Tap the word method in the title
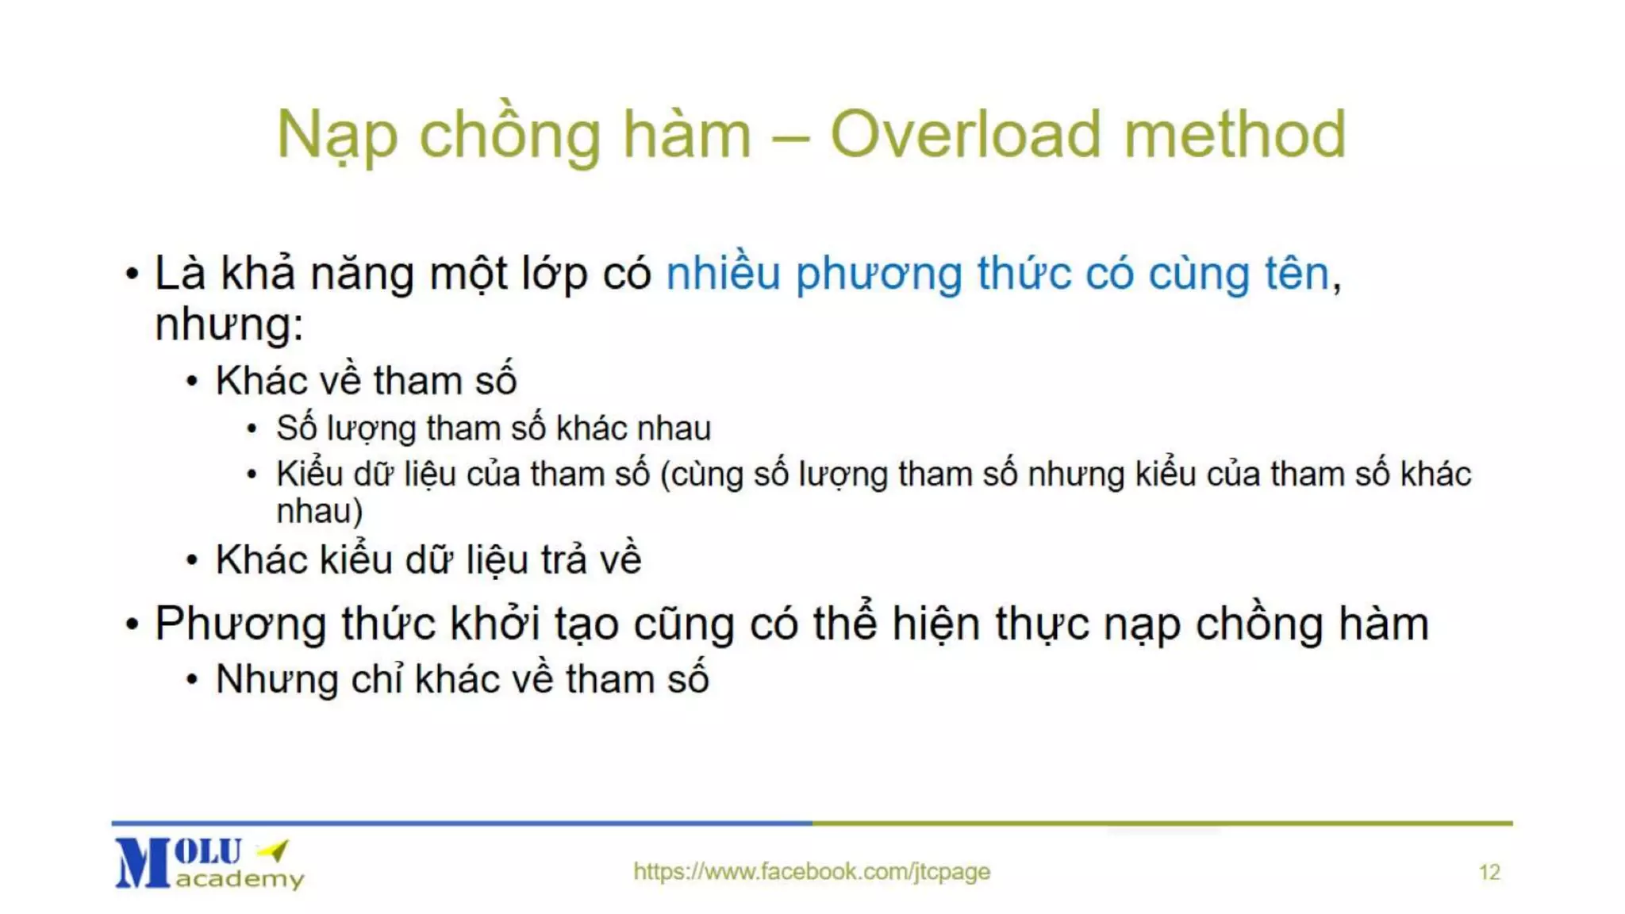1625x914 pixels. click(x=1235, y=135)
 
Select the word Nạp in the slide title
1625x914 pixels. click(x=336, y=136)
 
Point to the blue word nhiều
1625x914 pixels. click(x=723, y=274)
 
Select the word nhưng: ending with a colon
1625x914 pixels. click(x=229, y=325)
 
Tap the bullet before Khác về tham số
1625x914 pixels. click(x=192, y=382)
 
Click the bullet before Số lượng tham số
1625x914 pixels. click(x=252, y=429)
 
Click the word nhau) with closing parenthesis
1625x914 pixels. click(x=319, y=512)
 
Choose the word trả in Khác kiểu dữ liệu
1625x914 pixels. click(x=563, y=560)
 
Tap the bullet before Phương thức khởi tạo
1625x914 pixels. click(x=132, y=624)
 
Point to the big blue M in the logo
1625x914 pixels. click(x=142, y=863)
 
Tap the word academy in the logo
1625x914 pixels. click(x=240, y=879)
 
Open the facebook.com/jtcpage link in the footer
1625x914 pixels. click(x=811, y=871)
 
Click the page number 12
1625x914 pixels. click(x=1489, y=873)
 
